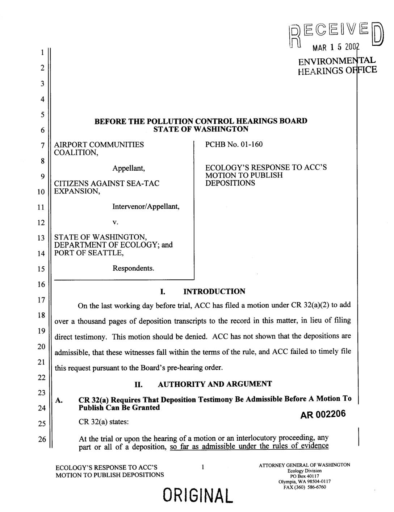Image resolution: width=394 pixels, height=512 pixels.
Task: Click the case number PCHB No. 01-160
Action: point(234,145)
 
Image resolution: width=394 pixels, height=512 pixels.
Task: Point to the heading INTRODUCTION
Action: point(214,291)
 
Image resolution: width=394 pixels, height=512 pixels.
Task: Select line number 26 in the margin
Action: point(43,439)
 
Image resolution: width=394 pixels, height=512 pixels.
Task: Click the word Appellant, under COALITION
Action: point(129,168)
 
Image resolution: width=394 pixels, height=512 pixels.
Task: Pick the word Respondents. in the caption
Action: point(133,269)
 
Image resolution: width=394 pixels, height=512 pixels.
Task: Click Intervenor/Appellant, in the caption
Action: point(146,207)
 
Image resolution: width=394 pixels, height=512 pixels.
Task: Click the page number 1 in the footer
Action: point(203,467)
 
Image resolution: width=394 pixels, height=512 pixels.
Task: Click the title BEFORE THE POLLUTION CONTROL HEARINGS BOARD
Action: point(201,121)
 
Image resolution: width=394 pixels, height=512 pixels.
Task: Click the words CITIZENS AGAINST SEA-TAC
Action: point(106,183)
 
